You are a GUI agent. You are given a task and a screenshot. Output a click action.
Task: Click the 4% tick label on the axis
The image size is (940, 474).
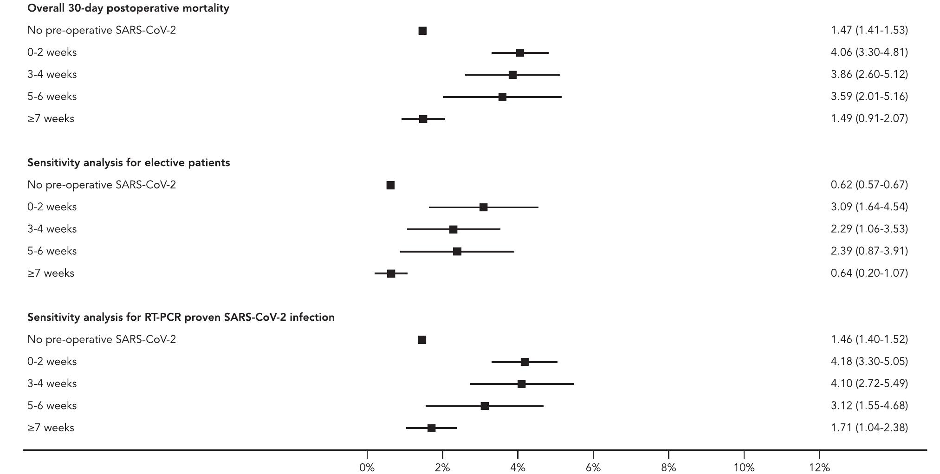[x=517, y=468]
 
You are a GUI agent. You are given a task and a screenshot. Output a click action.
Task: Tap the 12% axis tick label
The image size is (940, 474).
[x=819, y=468]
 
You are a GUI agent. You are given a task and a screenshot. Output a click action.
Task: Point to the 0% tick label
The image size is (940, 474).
[x=367, y=468]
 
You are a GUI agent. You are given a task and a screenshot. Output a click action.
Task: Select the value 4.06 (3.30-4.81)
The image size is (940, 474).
[x=869, y=52]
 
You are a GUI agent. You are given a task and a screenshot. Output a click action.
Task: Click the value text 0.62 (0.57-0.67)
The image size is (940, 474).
[x=869, y=185]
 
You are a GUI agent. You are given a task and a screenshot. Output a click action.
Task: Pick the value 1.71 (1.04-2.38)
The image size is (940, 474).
[x=869, y=428]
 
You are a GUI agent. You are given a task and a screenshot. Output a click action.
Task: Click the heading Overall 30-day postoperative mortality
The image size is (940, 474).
[x=128, y=8]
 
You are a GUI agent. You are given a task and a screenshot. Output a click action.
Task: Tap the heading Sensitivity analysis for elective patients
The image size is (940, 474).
[x=129, y=163]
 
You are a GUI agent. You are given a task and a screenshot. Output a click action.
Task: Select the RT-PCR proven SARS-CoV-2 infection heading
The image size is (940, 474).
[x=181, y=318]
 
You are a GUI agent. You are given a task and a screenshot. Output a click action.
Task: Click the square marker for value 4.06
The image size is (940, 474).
[x=520, y=53]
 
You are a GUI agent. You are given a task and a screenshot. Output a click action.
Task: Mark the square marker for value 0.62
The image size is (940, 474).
[x=390, y=185]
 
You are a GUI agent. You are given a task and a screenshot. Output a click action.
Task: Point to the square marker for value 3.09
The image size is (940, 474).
[x=483, y=207]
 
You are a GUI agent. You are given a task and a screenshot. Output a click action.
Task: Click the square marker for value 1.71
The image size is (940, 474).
[x=431, y=428]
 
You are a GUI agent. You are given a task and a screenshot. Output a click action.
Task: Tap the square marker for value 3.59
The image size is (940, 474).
[x=502, y=97]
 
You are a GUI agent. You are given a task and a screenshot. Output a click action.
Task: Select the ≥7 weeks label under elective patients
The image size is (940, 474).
[x=51, y=273]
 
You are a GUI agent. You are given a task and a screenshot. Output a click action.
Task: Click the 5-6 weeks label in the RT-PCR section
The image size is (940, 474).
[x=52, y=406]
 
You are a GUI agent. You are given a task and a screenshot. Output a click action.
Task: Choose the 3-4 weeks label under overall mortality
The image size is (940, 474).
[x=52, y=75]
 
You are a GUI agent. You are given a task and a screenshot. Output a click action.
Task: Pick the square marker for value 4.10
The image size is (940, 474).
[x=521, y=384]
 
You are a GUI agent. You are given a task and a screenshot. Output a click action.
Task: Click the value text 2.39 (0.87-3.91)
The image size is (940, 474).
[x=869, y=251]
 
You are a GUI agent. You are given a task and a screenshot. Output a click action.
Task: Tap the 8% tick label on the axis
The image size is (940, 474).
[x=668, y=468]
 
